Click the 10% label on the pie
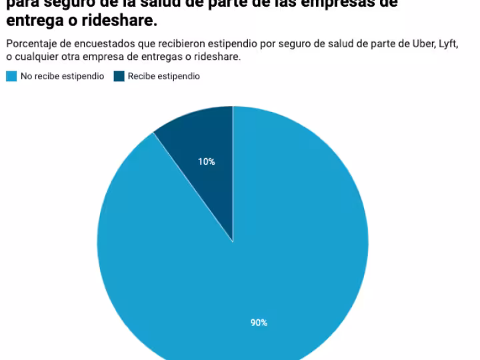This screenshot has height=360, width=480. point(207,161)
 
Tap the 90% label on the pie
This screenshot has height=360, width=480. point(259,323)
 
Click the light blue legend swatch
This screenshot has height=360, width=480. point(11,77)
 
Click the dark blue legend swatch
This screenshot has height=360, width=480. point(119,77)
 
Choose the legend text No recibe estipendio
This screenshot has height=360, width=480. point(62,77)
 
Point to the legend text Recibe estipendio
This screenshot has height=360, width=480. point(163,77)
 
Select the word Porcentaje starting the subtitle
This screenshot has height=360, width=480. point(29,44)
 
